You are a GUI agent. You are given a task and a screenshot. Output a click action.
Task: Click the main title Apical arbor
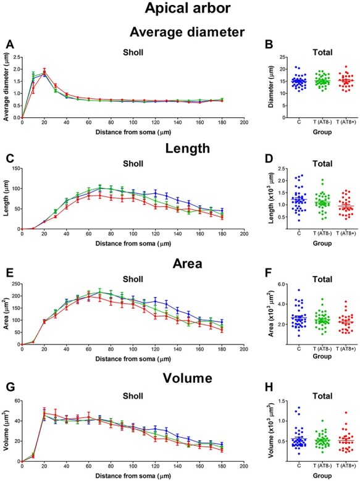click(x=180, y=9)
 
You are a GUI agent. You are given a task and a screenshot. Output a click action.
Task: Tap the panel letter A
click(x=9, y=44)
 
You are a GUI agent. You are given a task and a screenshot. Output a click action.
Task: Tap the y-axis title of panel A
click(x=7, y=88)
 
